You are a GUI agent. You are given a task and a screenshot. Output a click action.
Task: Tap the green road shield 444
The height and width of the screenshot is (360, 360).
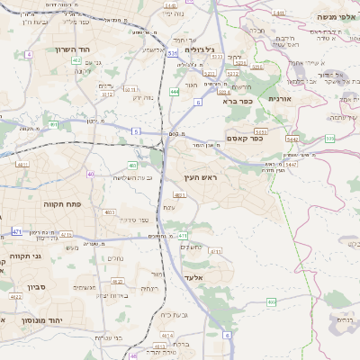coord(174,92)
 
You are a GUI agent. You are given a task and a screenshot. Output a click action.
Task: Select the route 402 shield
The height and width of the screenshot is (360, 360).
coord(76,61)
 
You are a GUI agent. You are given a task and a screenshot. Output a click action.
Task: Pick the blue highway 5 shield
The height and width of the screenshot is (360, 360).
coord(135,131)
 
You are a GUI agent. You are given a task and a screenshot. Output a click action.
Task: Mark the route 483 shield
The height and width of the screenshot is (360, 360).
coord(133,165)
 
